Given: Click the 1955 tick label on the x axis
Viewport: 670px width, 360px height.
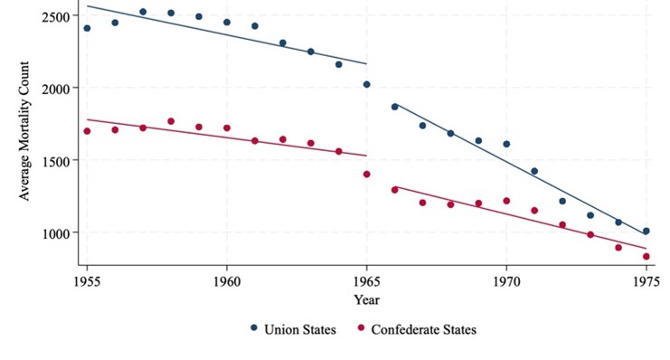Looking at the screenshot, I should tap(86, 280).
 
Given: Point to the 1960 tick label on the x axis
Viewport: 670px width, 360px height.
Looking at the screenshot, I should tap(226, 280).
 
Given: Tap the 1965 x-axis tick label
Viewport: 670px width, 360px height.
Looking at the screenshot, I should tap(366, 280).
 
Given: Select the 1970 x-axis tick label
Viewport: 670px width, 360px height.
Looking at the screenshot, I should tap(506, 280).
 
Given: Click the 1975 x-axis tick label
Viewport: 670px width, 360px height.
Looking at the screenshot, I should tap(646, 280).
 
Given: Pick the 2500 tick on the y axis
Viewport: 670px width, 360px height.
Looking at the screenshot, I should tap(58, 17).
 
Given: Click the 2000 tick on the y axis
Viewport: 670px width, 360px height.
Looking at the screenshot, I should tap(58, 89).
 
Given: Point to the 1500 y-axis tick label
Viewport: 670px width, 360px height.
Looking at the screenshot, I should tap(58, 160).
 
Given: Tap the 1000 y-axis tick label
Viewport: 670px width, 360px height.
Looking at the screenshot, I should tap(58, 232).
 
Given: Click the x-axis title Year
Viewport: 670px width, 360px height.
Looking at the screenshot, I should tap(366, 299).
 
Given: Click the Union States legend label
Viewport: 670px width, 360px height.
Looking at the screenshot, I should tap(299, 330).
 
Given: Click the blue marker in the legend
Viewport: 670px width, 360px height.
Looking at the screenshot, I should tap(253, 329).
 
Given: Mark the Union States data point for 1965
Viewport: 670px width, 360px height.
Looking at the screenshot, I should tap(366, 84).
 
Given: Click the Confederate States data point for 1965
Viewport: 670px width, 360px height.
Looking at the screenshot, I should tap(366, 174).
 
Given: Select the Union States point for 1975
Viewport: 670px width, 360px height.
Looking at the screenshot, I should tap(646, 231).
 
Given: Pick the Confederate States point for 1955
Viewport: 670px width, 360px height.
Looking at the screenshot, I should tap(87, 131).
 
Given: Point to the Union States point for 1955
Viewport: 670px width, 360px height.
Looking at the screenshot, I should tap(87, 28).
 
